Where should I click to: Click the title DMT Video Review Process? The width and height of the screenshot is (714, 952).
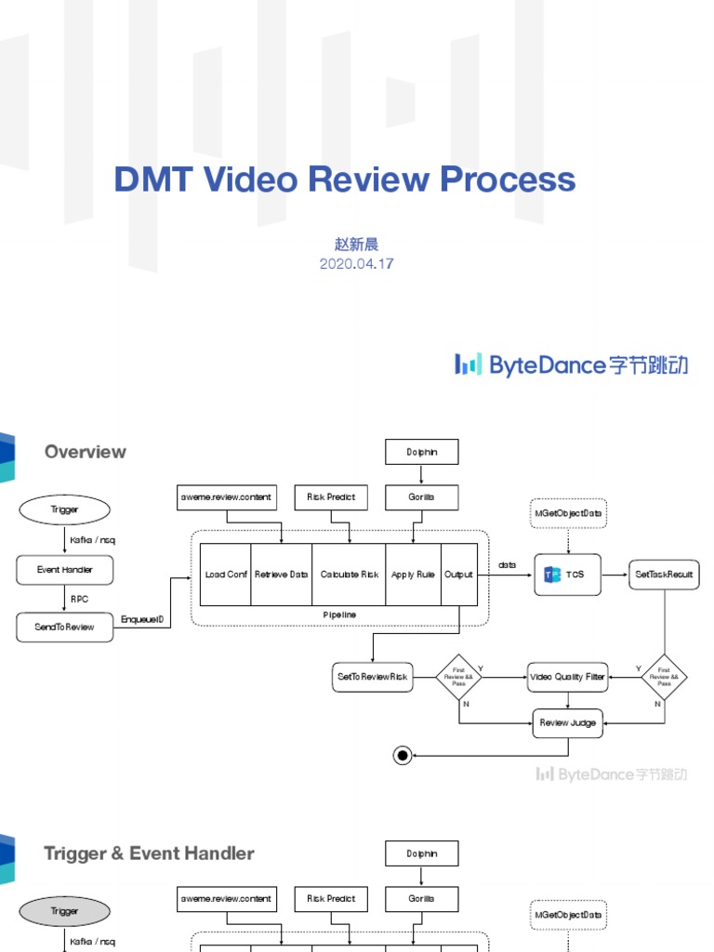(345, 179)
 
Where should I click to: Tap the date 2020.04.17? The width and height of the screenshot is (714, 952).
(356, 263)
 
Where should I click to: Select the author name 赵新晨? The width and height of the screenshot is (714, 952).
(356, 245)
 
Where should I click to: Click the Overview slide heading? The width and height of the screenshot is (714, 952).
(85, 452)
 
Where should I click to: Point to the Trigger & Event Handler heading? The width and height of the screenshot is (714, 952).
(149, 853)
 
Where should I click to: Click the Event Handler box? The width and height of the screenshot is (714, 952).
(64, 570)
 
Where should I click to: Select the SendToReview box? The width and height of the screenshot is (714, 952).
(64, 627)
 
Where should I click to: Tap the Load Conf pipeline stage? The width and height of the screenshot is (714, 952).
(226, 575)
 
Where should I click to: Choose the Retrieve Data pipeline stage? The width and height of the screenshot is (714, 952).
(281, 575)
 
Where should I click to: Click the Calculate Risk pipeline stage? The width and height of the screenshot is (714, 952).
(349, 575)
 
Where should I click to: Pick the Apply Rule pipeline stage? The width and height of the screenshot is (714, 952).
(413, 575)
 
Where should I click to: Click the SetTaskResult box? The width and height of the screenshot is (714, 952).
(664, 575)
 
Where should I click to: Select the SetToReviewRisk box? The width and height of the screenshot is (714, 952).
(372, 677)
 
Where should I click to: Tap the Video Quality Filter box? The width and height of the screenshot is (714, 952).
(567, 677)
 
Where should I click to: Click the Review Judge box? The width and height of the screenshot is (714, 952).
(567, 722)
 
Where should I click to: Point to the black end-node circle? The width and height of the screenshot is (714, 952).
(403, 756)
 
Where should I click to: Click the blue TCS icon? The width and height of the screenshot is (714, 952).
(552, 575)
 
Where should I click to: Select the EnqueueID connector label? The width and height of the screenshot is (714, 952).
(142, 619)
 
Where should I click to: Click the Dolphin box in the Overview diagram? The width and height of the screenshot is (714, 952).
(421, 452)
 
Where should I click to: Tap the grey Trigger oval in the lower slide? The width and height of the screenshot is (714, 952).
(64, 911)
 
